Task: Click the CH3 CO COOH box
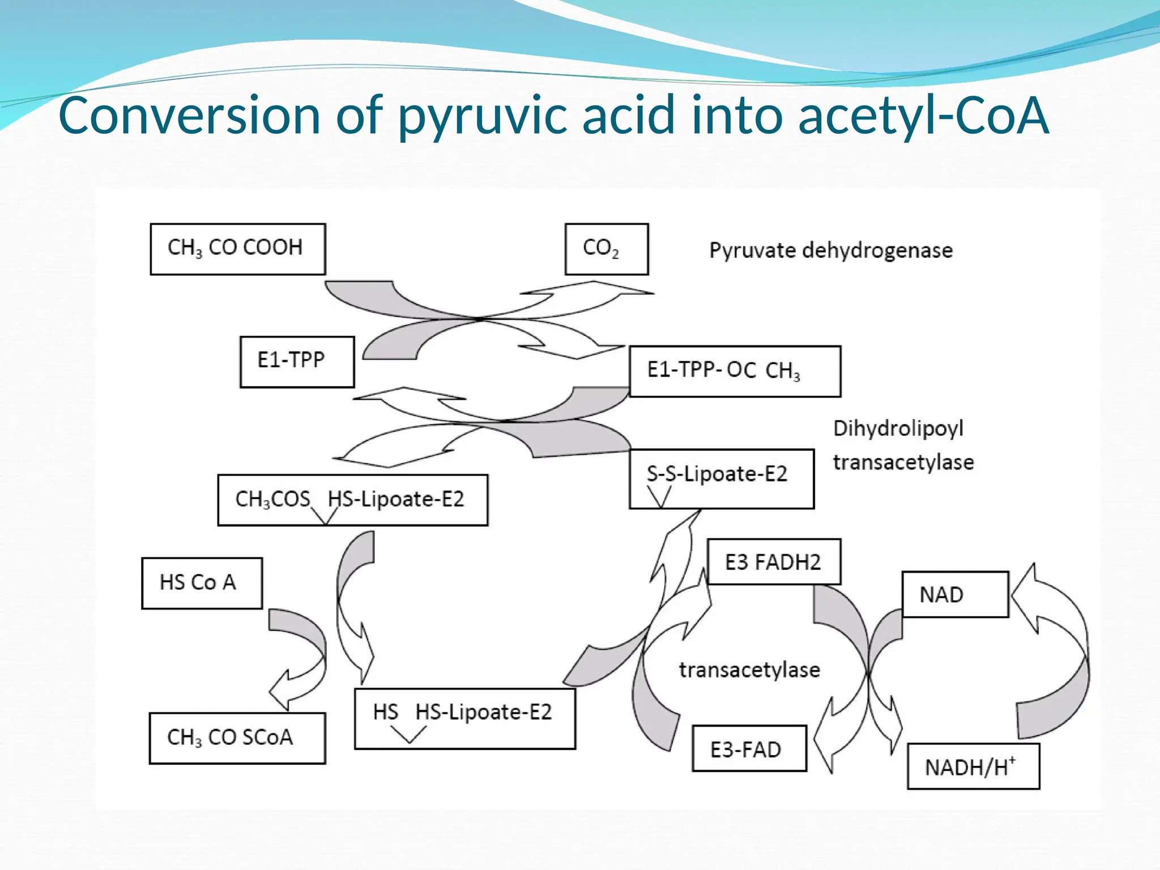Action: tap(237, 249)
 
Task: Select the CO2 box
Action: tap(606, 249)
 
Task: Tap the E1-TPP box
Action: tap(297, 362)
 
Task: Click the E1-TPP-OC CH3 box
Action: tap(735, 371)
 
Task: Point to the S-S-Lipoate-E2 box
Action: tap(721, 479)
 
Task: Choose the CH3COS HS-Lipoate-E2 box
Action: tap(352, 500)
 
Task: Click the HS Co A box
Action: tap(202, 583)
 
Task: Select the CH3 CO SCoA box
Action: tap(237, 738)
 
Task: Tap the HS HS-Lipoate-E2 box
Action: tap(464, 718)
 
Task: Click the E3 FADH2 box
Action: tap(773, 562)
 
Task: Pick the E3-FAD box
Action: tap(749, 749)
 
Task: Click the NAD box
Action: tap(955, 594)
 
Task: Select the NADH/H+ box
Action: tap(973, 766)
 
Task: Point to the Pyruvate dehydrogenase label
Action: tap(830, 250)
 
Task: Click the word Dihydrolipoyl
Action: tap(898, 429)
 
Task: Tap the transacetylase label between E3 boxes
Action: tap(749, 670)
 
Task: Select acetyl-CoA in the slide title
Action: tap(923, 116)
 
